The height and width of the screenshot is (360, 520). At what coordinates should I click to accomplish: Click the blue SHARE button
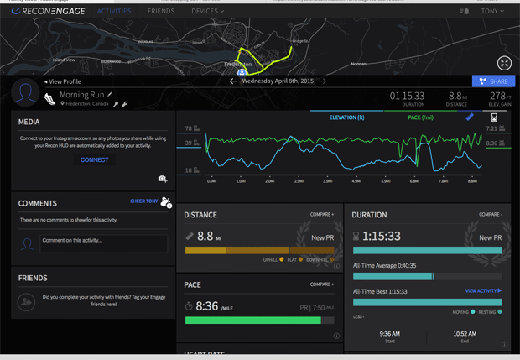pyautogui.click(x=493, y=81)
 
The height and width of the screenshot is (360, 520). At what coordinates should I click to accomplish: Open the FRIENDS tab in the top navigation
pyautogui.click(x=161, y=12)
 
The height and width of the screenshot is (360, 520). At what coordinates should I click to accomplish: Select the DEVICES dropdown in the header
pyautogui.click(x=207, y=12)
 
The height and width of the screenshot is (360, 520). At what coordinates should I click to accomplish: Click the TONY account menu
pyautogui.click(x=492, y=12)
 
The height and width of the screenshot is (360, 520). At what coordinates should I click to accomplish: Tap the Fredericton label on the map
pyautogui.click(x=238, y=64)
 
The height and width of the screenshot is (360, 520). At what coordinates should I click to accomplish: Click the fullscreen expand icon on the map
pyautogui.click(x=504, y=63)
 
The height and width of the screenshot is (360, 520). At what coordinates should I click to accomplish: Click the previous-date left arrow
pyautogui.click(x=233, y=81)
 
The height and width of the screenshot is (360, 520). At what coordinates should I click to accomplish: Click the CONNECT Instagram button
pyautogui.click(x=94, y=159)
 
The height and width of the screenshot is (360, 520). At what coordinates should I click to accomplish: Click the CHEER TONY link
pyautogui.click(x=144, y=201)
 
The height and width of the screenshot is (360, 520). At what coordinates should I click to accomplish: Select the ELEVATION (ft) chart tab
pyautogui.click(x=346, y=117)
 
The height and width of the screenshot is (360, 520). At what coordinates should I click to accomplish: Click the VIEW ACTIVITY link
pyautogui.click(x=483, y=291)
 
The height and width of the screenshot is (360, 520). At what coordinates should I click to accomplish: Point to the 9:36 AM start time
pyautogui.click(x=389, y=333)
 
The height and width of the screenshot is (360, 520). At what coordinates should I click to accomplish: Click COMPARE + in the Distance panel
pyautogui.click(x=321, y=215)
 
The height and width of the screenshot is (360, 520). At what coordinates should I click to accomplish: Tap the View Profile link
pyautogui.click(x=64, y=81)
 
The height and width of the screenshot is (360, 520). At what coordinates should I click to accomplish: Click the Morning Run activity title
pyautogui.click(x=81, y=95)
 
